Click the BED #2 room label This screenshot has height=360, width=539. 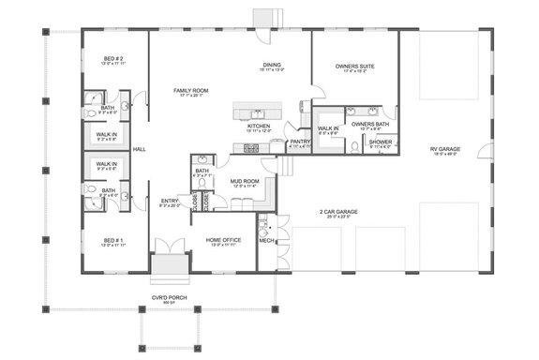(113, 60)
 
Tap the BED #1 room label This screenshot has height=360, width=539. (113, 241)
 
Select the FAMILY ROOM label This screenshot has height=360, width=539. (188, 90)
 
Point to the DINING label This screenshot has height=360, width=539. (272, 66)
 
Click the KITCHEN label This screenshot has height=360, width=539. (259, 126)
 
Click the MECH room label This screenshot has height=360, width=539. (265, 240)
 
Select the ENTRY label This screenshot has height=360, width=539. (170, 200)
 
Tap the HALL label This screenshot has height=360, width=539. (139, 149)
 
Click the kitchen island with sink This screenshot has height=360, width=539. (257, 113)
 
